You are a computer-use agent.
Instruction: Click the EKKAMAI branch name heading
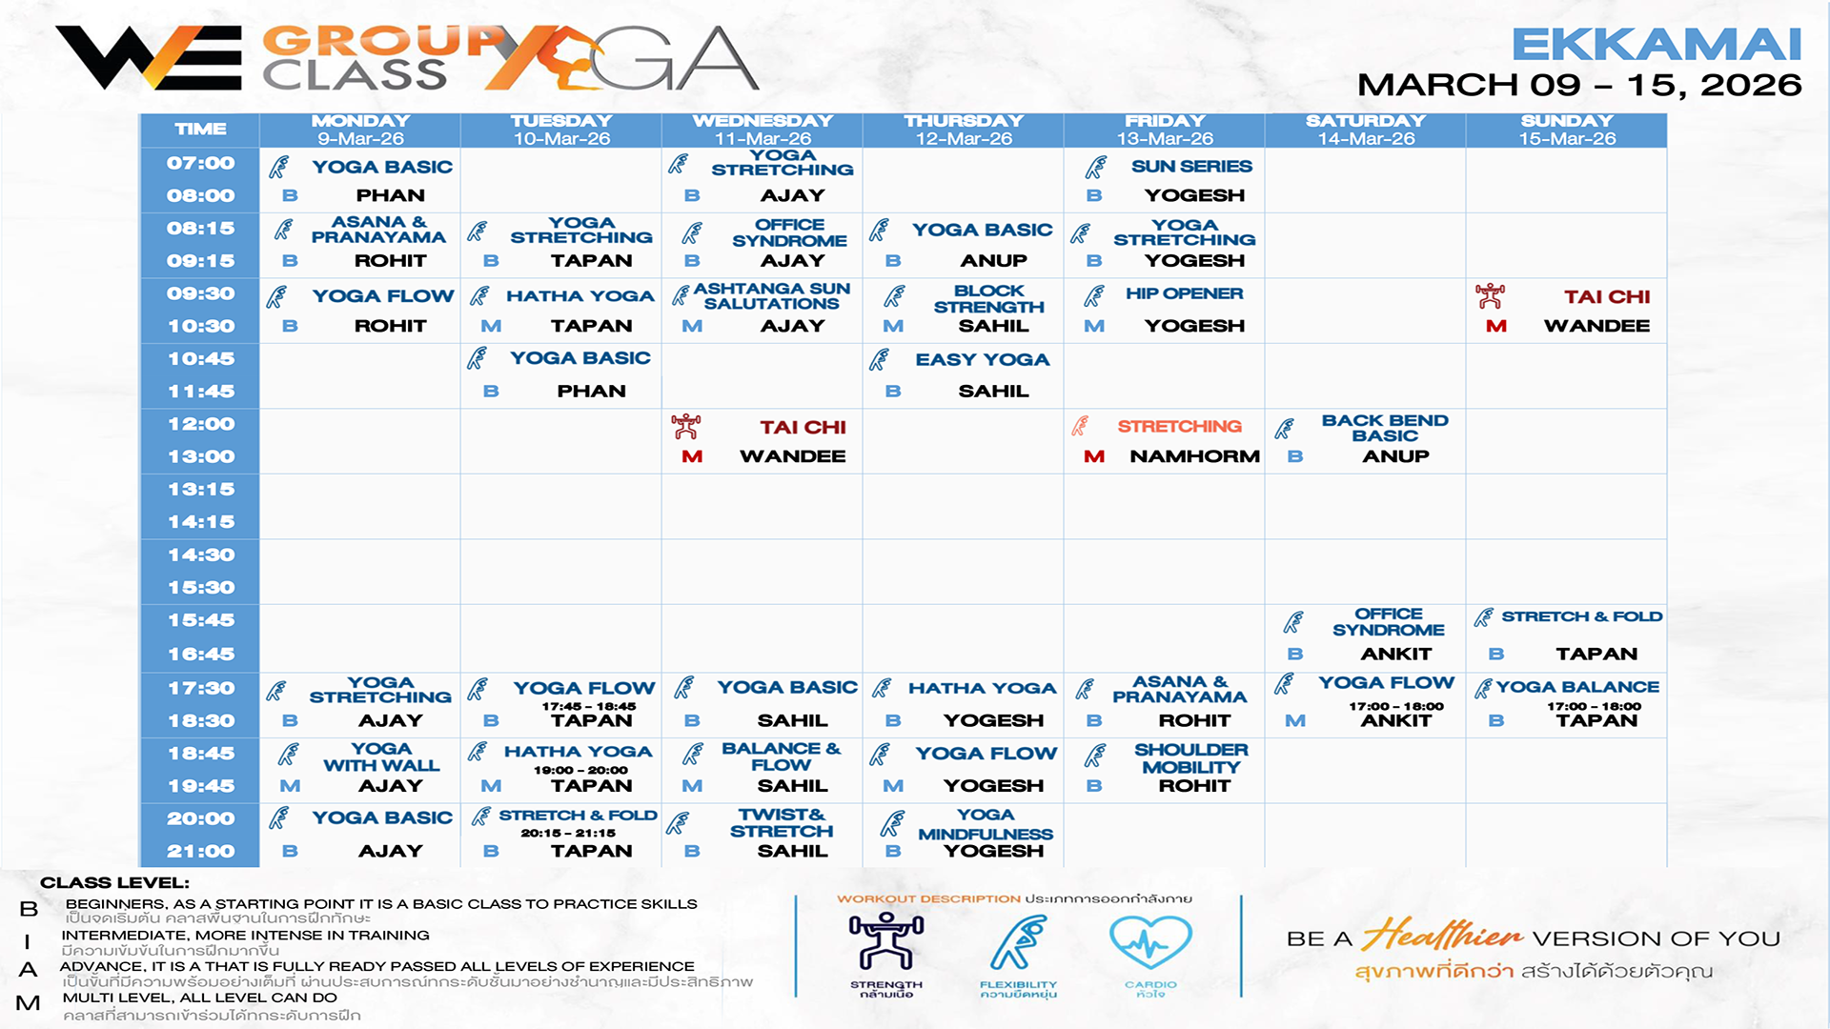click(x=1656, y=45)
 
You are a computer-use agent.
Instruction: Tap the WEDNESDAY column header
click(x=762, y=122)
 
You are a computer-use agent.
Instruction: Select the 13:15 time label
click(x=201, y=490)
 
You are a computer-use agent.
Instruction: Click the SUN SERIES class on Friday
click(x=1191, y=167)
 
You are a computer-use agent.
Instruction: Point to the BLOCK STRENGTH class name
click(x=988, y=299)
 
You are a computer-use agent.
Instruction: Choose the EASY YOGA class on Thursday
click(x=982, y=360)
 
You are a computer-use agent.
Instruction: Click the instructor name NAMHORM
click(x=1194, y=457)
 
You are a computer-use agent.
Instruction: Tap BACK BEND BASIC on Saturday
click(x=1384, y=428)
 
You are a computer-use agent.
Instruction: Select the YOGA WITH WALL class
click(x=381, y=757)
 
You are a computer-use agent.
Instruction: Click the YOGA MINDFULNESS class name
click(x=986, y=825)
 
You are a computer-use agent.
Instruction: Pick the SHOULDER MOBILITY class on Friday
click(x=1190, y=758)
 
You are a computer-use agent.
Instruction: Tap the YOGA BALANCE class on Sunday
click(x=1577, y=687)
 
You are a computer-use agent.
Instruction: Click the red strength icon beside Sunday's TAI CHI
click(x=1490, y=296)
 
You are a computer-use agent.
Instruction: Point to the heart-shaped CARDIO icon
click(x=1150, y=943)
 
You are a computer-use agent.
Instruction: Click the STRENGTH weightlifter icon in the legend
click(x=886, y=941)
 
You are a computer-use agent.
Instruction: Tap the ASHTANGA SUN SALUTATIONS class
click(x=771, y=296)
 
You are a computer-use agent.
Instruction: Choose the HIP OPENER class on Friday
click(x=1184, y=294)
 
